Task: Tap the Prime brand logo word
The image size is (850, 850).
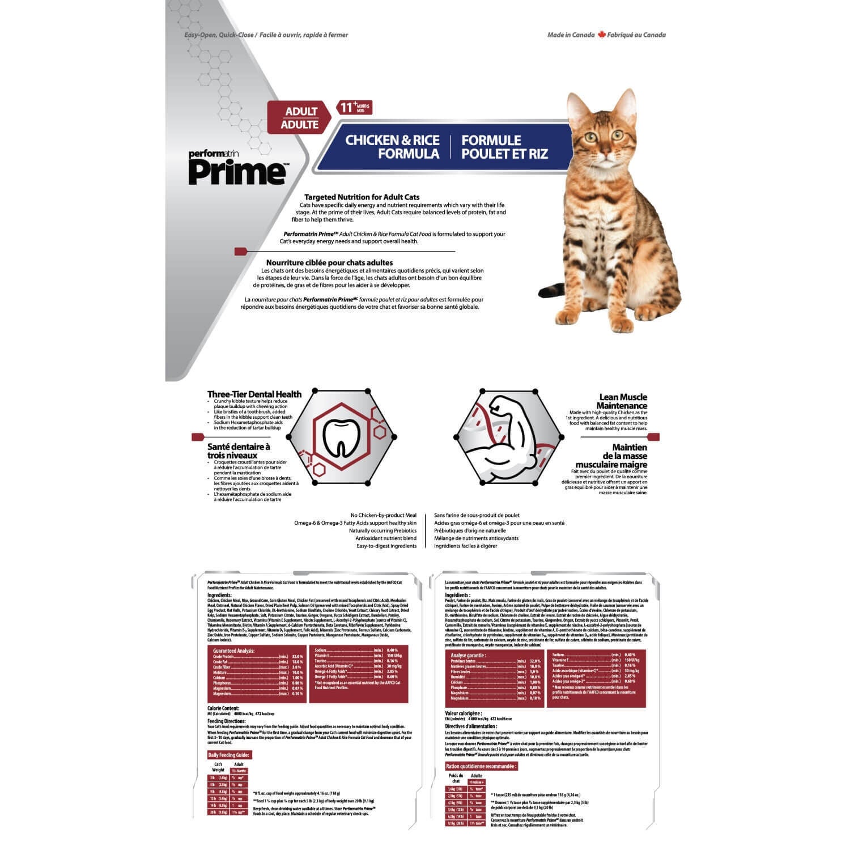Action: click(237, 172)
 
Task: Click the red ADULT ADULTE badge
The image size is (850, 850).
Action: click(300, 118)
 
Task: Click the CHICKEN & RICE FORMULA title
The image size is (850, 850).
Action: click(392, 147)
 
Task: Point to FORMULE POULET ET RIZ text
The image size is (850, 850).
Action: click(504, 147)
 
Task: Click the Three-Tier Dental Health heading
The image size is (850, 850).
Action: click(254, 394)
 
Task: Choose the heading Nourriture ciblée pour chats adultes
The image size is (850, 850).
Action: click(329, 262)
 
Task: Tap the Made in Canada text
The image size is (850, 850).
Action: click(571, 35)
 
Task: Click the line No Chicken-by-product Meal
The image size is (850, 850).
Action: click(383, 515)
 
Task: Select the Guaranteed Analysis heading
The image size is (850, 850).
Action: click(233, 651)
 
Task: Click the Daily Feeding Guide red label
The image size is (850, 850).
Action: click(229, 755)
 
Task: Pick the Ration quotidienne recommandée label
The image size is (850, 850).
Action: click(481, 766)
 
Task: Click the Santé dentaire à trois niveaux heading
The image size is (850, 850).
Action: click(239, 451)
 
